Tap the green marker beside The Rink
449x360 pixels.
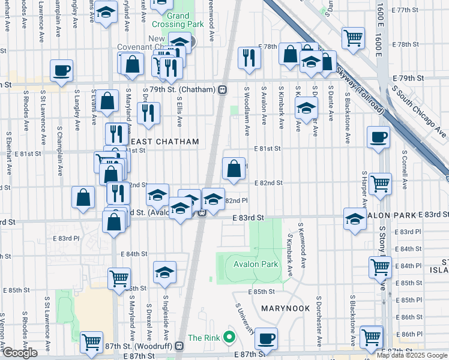coord(228,338)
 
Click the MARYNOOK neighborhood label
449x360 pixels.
coord(286,308)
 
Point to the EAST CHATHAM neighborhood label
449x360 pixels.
coord(161,141)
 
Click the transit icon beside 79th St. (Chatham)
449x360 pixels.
coord(223,89)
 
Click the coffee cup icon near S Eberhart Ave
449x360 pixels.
coord(62,71)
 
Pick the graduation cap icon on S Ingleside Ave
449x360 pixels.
coord(164,272)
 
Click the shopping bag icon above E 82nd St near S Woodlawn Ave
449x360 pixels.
coord(234,168)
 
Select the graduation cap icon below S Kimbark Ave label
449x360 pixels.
coord(306,109)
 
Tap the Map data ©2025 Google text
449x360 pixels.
coord(412,355)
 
